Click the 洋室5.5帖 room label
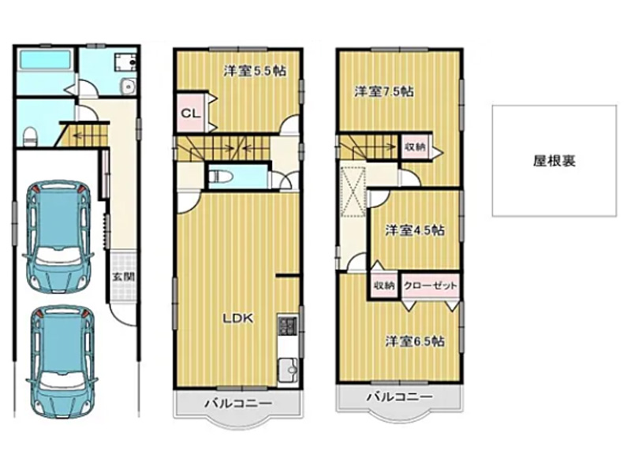[x=255, y=71]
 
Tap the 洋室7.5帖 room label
[x=384, y=91]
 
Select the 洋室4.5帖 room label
[x=415, y=230]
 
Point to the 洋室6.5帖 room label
[x=415, y=341]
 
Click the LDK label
[x=238, y=318]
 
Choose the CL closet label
[x=190, y=114]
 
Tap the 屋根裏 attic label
[x=554, y=161]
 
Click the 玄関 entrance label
[x=123, y=277]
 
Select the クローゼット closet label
[x=430, y=285]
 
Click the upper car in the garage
[x=60, y=236]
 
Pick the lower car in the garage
[x=62, y=362]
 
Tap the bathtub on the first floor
[x=46, y=61]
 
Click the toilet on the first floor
[x=30, y=136]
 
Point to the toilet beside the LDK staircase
[x=219, y=176]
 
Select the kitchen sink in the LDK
[x=287, y=369]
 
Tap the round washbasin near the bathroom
[x=128, y=86]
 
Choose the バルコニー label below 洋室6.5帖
[x=399, y=397]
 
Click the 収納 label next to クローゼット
[x=384, y=285]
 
